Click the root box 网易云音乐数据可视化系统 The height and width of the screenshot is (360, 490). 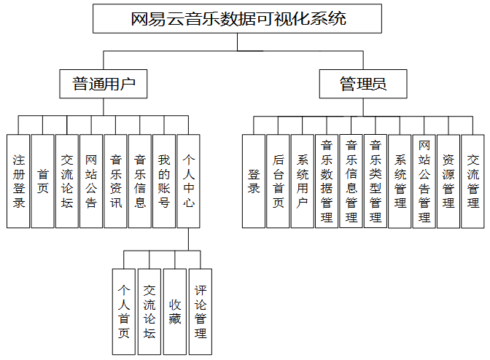pos(238,19)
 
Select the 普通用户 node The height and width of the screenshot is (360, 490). pos(104,85)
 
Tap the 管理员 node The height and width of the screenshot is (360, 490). pos(363,85)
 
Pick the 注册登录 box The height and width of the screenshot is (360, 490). pos(19,181)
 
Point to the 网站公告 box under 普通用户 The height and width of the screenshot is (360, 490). pos(91,181)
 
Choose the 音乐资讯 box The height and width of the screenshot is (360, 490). pos(115,181)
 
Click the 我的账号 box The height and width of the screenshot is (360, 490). pos(164,181)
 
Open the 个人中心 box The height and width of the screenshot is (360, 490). pos(188,181)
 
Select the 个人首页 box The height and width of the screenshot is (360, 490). pos(124,312)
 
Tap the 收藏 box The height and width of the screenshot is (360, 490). pos(174,312)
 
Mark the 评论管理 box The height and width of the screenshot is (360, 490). pos(200,312)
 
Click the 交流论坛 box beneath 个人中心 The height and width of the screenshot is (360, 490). pos(149,312)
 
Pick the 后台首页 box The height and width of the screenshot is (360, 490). pos(278,181)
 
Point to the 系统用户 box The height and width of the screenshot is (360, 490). pos(302,181)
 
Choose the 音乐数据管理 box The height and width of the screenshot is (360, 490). pos(326,181)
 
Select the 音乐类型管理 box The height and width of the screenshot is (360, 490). pos(375,181)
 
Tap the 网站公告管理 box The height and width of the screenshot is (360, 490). pos(424,181)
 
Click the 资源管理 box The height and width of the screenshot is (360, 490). pos(448,181)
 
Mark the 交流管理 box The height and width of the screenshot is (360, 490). pos(472,181)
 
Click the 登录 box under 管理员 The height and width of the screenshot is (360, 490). pos(254,181)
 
